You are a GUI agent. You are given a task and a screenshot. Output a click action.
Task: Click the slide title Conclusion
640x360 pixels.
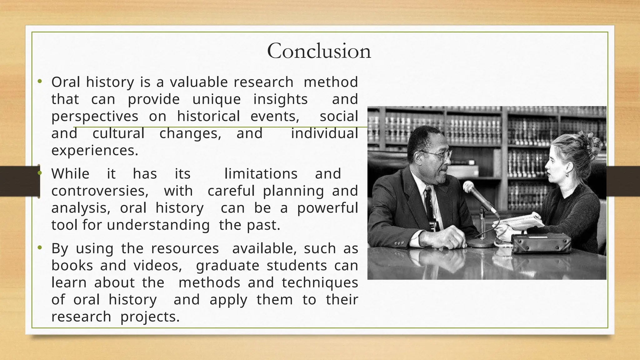tap(319, 51)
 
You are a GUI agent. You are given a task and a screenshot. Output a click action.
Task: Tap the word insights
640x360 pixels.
tap(280, 99)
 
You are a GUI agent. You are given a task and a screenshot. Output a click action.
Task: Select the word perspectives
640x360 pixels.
tap(95, 117)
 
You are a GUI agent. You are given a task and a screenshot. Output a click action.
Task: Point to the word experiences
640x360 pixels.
tap(95, 151)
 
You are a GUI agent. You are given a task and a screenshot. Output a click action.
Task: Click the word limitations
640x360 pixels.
tap(261, 174)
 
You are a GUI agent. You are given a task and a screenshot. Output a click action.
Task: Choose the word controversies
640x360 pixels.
tap(100, 191)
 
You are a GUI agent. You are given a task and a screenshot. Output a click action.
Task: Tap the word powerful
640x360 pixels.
tap(327, 208)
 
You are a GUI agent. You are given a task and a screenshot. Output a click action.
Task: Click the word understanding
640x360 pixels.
tap(158, 225)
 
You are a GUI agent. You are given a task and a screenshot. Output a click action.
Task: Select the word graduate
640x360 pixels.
tap(227, 266)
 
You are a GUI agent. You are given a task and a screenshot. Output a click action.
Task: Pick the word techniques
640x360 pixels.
tap(320, 283)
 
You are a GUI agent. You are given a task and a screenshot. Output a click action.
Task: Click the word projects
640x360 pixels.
tap(150, 317)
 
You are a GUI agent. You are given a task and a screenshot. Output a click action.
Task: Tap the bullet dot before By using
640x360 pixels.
tap(39, 248)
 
